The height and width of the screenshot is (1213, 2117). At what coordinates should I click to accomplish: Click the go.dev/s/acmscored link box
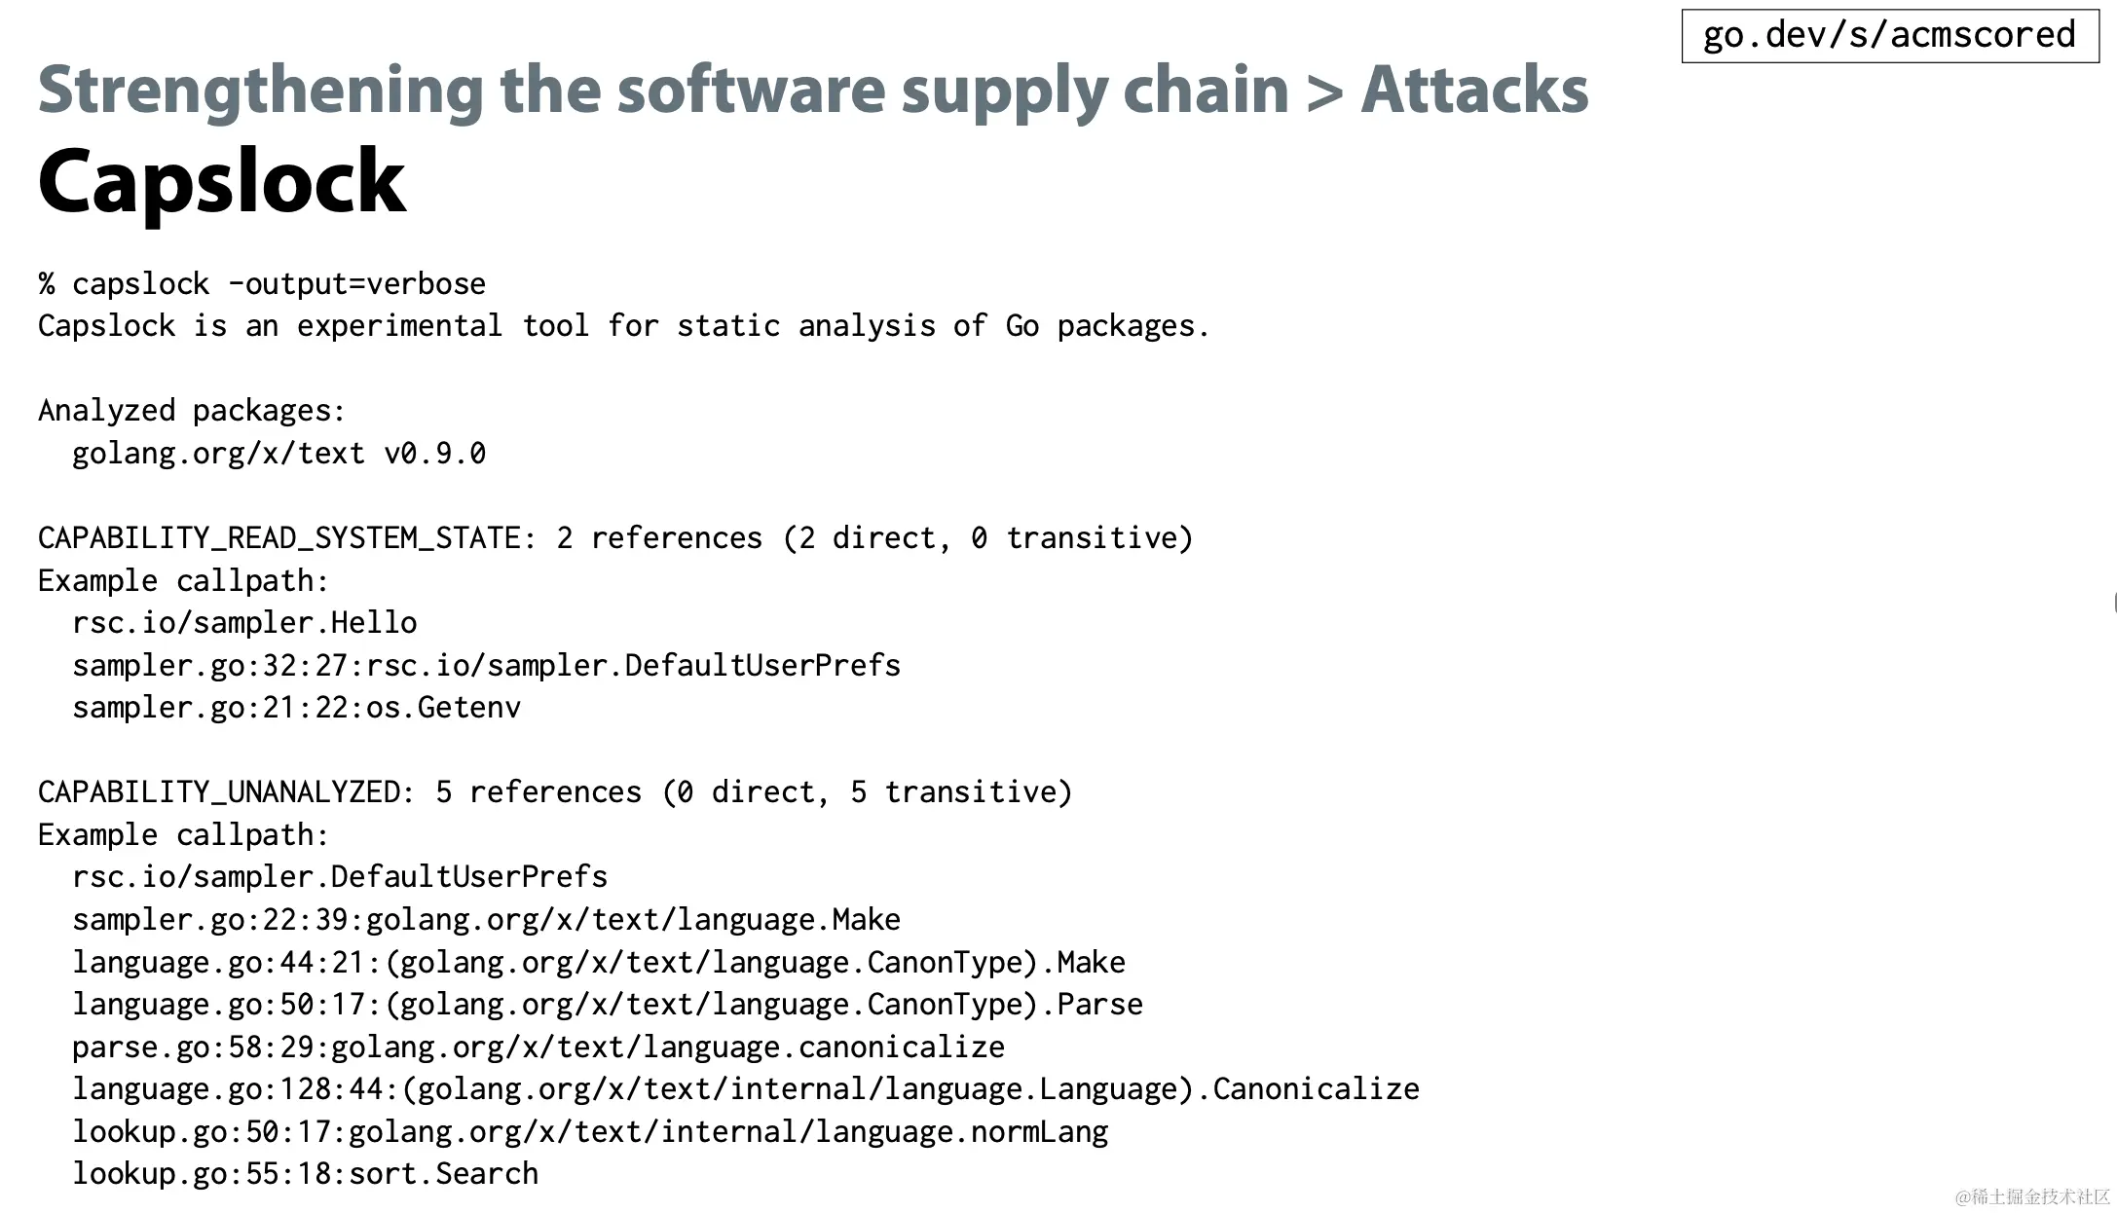pyautogui.click(x=1889, y=35)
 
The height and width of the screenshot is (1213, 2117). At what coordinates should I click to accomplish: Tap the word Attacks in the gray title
pyautogui.click(x=1474, y=90)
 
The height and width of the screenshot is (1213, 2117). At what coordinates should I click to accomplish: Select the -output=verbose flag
pyautogui.click(x=356, y=284)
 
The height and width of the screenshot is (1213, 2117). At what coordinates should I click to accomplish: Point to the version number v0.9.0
pyautogui.click(x=434, y=454)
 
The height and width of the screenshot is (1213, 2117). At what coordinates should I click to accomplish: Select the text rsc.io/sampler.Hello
pyautogui.click(x=244, y=623)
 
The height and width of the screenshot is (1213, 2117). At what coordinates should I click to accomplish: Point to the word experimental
pyautogui.click(x=399, y=326)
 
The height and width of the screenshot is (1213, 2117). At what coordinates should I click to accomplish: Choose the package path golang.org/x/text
pyautogui.click(x=218, y=454)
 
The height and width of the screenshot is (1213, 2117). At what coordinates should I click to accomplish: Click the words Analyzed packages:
pyautogui.click(x=192, y=411)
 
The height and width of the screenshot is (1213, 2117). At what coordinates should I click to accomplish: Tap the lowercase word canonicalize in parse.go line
pyautogui.click(x=901, y=1048)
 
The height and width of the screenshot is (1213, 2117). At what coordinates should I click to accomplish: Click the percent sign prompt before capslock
pyautogui.click(x=47, y=284)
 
